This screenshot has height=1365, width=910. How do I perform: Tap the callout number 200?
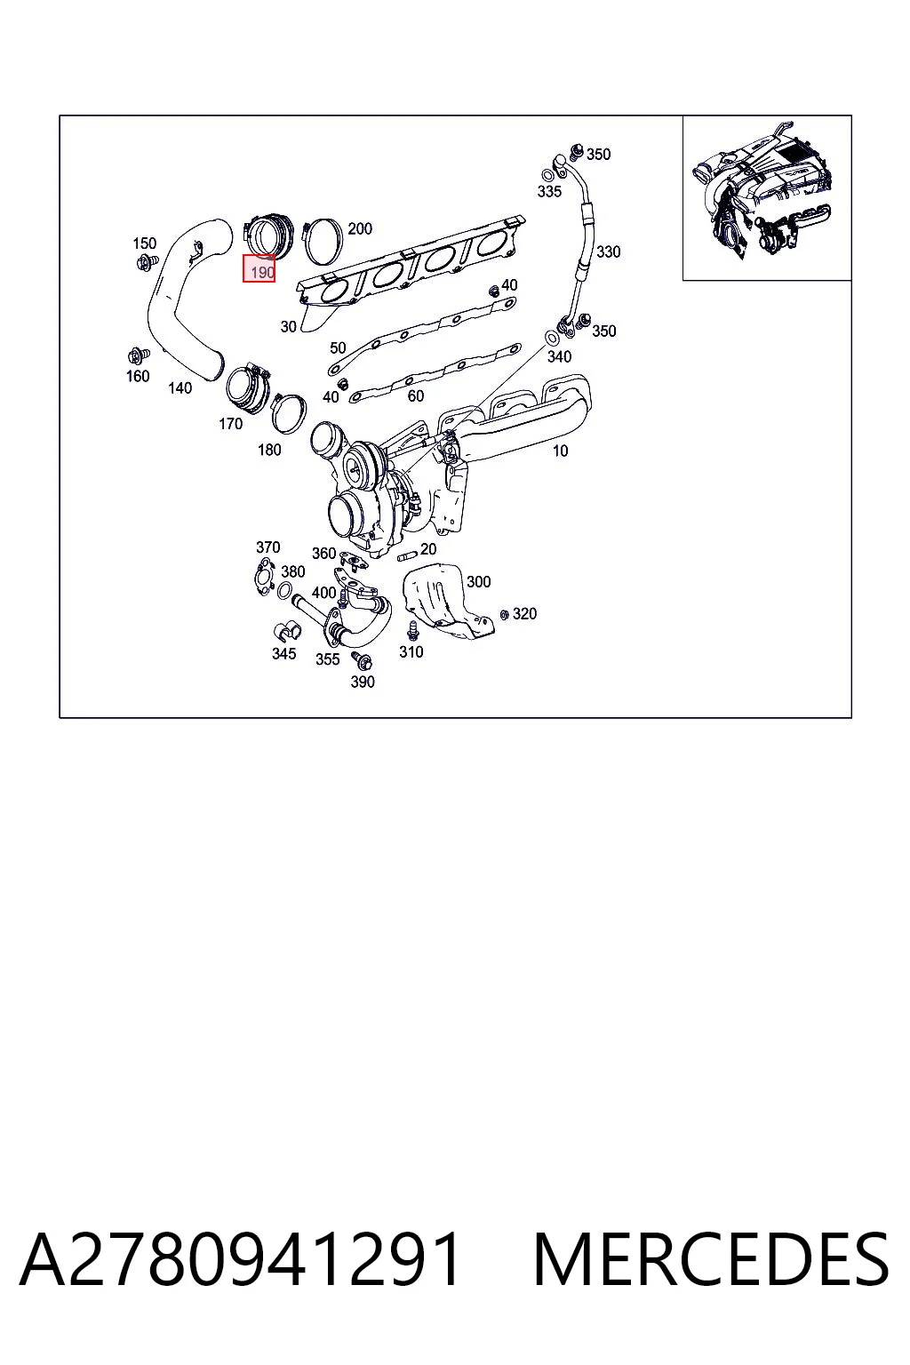coord(360,228)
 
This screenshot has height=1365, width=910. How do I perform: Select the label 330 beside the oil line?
coord(608,251)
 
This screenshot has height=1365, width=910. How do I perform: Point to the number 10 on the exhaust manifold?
coord(560,451)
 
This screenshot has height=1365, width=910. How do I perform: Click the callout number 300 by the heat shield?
coord(478,581)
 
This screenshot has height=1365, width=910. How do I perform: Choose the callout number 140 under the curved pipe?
coord(180,387)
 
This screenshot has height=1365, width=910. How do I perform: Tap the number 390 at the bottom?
coord(362,682)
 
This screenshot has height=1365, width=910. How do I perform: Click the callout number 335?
coord(549,191)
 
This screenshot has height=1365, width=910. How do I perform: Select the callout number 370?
coord(267,547)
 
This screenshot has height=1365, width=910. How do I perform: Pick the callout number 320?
coord(524,614)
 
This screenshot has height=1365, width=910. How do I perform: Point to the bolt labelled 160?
coord(136,356)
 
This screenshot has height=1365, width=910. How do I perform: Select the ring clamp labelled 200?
coord(323,242)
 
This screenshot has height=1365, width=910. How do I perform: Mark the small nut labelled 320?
coord(504,614)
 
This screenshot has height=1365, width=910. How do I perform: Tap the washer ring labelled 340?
coord(550,337)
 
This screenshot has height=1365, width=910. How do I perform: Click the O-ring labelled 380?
coord(284,590)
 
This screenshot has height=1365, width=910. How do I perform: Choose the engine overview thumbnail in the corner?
coord(767,198)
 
